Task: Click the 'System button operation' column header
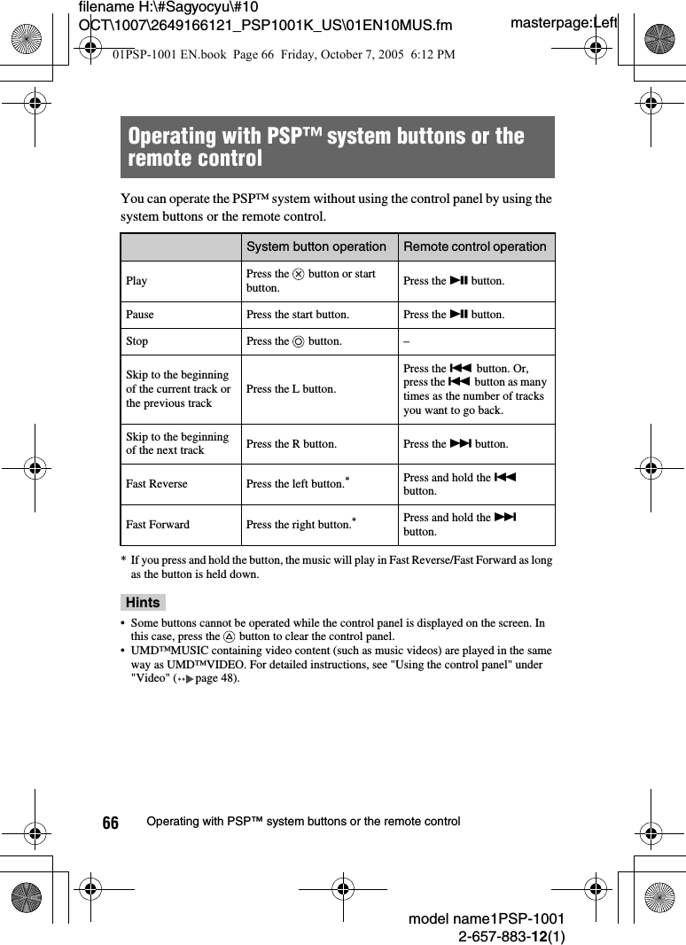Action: click(x=316, y=246)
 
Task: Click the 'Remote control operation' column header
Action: click(x=474, y=246)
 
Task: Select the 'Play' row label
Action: click(x=136, y=281)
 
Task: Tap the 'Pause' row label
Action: click(x=140, y=315)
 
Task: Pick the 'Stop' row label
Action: click(x=137, y=341)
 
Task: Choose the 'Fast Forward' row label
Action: click(x=158, y=525)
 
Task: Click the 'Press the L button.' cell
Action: click(x=291, y=389)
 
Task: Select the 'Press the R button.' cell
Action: click(x=291, y=444)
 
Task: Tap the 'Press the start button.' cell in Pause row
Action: click(x=297, y=315)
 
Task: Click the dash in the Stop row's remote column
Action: click(x=406, y=341)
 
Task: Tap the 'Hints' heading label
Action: click(x=143, y=603)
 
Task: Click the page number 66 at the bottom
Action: click(x=110, y=824)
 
